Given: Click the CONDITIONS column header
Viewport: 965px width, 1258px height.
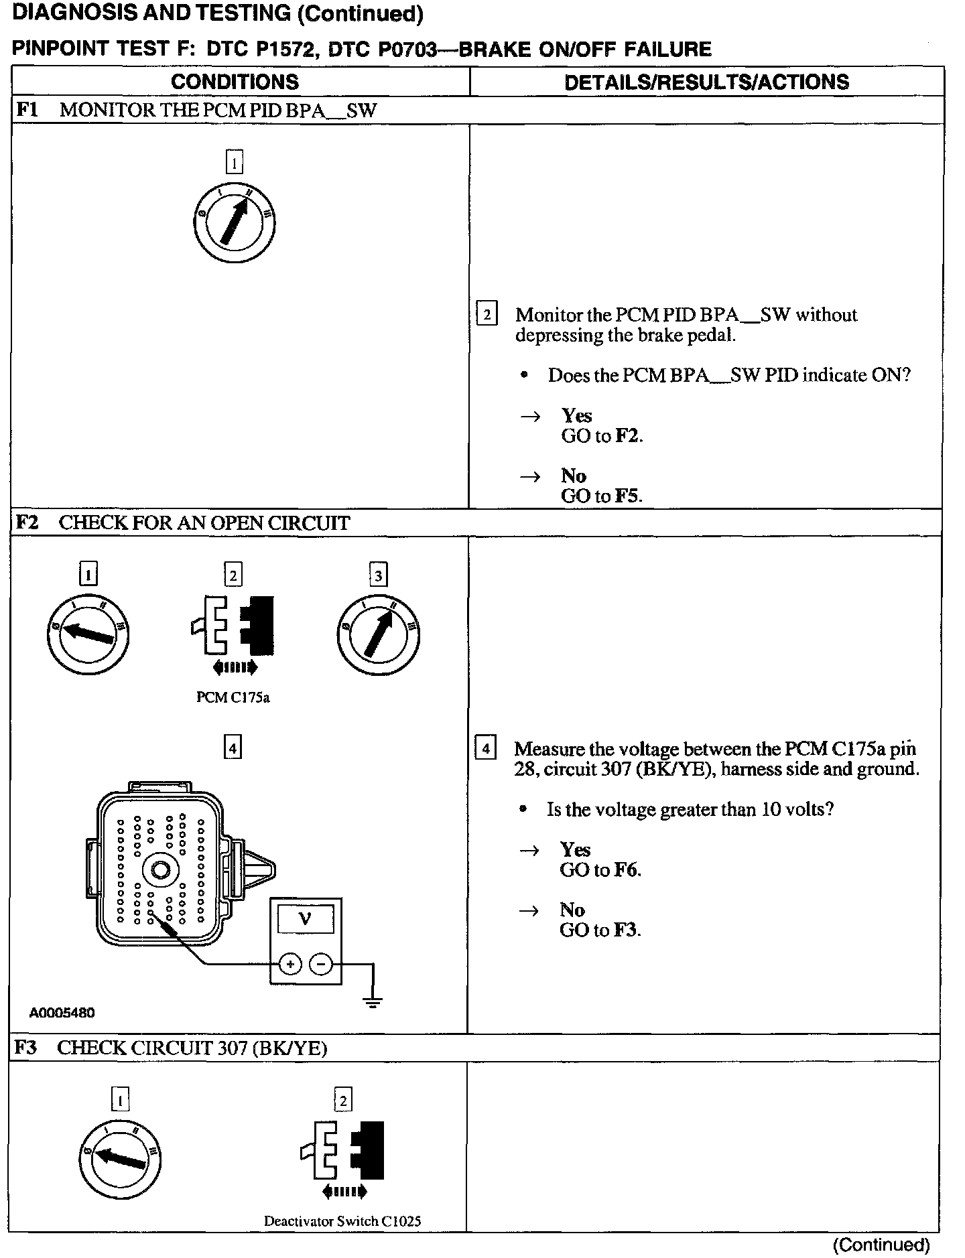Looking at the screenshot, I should click(x=235, y=82).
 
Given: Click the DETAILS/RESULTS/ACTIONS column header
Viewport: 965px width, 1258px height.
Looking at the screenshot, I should click(x=706, y=82).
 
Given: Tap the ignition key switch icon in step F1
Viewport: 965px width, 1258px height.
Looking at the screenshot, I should click(x=233, y=223).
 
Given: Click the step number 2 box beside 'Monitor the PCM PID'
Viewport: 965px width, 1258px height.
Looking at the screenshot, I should click(x=487, y=314).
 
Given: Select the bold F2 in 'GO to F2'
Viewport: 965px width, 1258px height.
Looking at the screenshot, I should click(x=627, y=436).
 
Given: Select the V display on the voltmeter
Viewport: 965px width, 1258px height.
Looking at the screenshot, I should click(x=306, y=918).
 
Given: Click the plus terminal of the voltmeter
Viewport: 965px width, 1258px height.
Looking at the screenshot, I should click(x=289, y=965).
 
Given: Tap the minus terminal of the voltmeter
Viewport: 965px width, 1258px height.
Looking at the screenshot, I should click(x=321, y=965).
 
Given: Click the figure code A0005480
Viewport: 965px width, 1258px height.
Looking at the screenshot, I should click(x=62, y=1013).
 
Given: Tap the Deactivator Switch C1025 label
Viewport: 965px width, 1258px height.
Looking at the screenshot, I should click(x=342, y=1221).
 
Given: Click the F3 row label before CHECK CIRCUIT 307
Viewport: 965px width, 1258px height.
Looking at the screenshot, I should click(x=26, y=1048).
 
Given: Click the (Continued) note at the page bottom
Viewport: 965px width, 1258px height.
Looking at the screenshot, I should click(x=881, y=1245).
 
